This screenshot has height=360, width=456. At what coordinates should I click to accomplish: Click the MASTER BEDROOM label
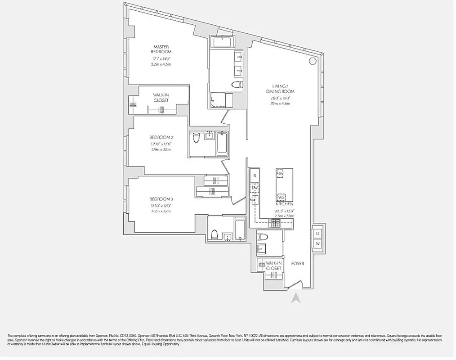click(x=161, y=49)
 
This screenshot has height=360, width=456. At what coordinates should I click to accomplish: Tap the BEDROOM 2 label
click(x=161, y=137)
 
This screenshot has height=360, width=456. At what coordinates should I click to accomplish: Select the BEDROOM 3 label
click(x=161, y=199)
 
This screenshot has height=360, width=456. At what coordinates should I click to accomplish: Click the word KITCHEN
click(x=285, y=204)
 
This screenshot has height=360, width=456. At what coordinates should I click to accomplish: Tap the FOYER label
click(x=298, y=263)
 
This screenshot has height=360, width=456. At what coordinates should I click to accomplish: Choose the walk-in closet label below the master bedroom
click(x=161, y=98)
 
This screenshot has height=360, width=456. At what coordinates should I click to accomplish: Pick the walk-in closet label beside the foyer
click(x=273, y=265)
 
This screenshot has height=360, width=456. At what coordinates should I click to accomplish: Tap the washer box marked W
click(x=317, y=243)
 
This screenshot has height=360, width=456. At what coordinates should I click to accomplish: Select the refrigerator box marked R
click(x=255, y=175)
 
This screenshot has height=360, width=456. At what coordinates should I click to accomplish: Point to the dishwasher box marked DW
click(x=255, y=188)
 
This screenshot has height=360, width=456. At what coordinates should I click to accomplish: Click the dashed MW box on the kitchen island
click(x=280, y=174)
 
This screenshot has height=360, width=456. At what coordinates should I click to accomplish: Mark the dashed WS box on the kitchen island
click(x=281, y=197)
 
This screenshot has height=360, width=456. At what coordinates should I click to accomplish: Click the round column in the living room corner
click(x=312, y=61)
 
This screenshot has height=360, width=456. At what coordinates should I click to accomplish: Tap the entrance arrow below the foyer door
click(x=296, y=298)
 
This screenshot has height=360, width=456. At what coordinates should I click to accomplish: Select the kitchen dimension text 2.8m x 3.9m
click(x=285, y=216)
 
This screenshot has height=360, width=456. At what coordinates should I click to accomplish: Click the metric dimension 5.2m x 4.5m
click(x=161, y=64)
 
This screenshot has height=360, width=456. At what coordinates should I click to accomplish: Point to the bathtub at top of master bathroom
click(x=221, y=43)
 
